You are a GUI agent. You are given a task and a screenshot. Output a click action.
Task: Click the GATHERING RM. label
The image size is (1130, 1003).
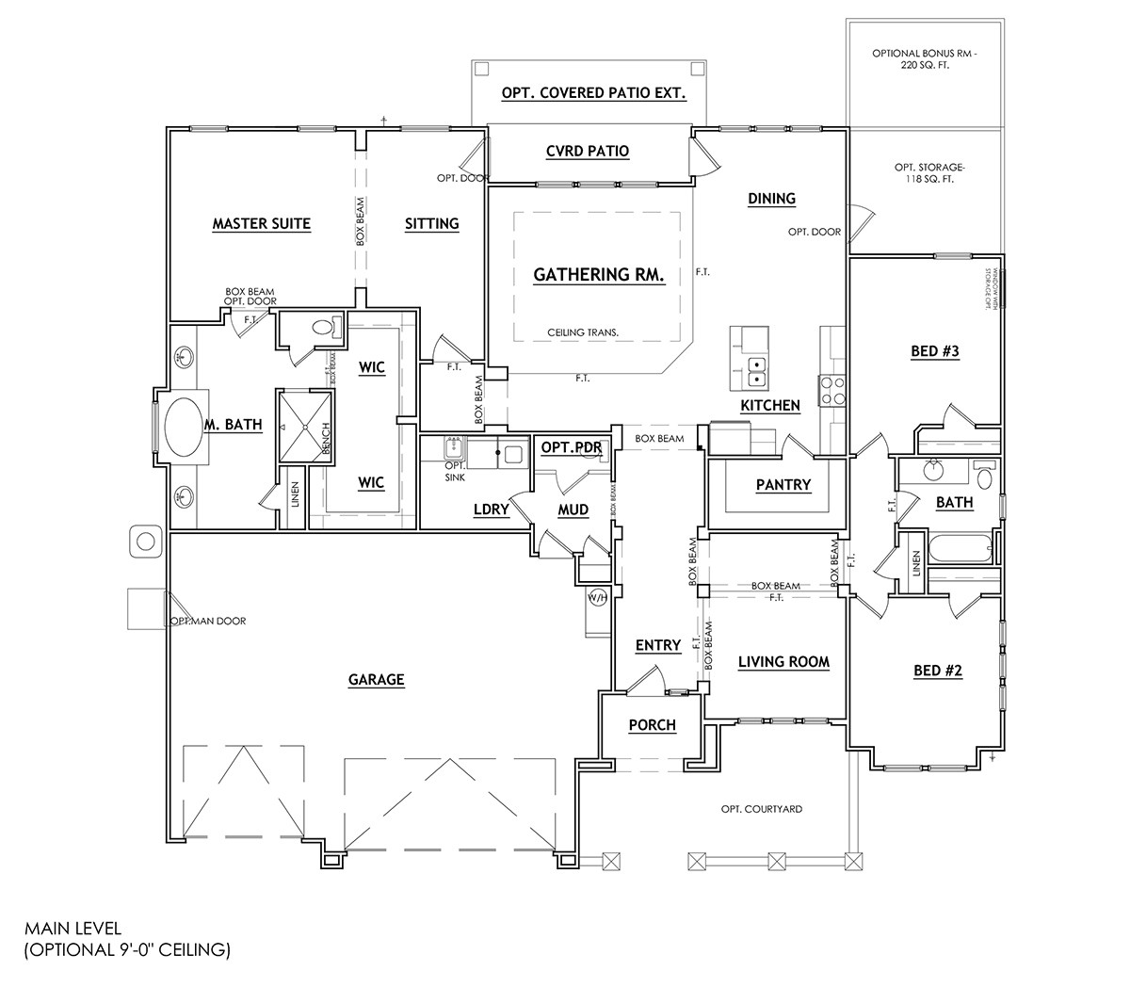599,275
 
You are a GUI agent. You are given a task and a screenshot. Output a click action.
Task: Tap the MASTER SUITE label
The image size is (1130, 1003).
261,224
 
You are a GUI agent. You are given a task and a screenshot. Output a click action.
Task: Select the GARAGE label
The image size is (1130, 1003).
376,679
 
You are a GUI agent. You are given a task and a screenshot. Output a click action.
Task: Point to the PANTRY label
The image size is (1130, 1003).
783,484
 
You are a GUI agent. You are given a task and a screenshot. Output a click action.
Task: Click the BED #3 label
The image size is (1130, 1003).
934,351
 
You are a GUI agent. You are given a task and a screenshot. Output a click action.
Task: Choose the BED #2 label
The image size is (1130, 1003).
938,671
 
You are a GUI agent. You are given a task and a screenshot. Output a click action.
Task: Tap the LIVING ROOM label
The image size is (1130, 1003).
783,662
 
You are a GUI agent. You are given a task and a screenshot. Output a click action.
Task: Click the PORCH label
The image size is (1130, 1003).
652,725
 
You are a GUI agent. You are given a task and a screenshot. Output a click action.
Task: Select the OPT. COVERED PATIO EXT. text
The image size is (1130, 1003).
592,93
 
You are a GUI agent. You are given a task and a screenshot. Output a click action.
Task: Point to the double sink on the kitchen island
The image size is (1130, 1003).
755,372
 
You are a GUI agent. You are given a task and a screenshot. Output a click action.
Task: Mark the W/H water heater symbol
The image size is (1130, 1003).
597,597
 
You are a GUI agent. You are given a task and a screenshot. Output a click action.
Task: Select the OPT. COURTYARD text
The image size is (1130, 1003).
761,809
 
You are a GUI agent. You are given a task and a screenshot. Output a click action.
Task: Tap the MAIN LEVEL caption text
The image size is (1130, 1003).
73,929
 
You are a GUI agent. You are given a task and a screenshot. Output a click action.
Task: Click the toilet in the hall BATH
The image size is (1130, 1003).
984,477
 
